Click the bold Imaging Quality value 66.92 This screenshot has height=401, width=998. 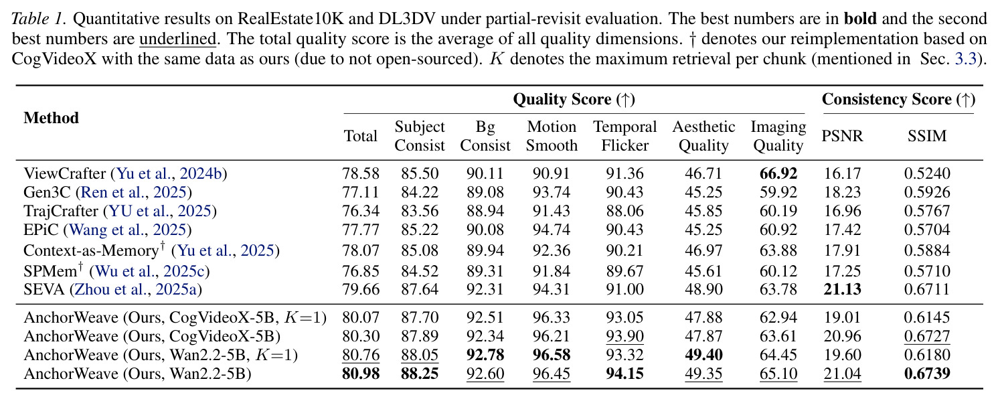778,173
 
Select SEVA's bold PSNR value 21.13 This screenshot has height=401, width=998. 842,289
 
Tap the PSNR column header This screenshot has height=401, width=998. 842,136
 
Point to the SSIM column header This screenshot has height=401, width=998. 927,136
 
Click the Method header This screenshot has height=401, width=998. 52,118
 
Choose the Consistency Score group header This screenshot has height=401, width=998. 899,99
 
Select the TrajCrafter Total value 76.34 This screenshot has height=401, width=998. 360,211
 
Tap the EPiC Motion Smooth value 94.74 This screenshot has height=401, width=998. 552,230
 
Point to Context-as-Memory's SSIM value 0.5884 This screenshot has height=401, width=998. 927,250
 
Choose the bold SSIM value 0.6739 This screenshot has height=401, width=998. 927,374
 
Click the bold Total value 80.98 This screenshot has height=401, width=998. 360,374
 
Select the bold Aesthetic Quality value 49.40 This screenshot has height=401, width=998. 703,355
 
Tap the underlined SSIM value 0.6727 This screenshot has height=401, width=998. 927,336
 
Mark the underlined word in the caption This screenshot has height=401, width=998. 178,39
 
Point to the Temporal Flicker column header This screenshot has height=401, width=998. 625,136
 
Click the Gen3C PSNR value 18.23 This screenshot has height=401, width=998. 842,192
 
